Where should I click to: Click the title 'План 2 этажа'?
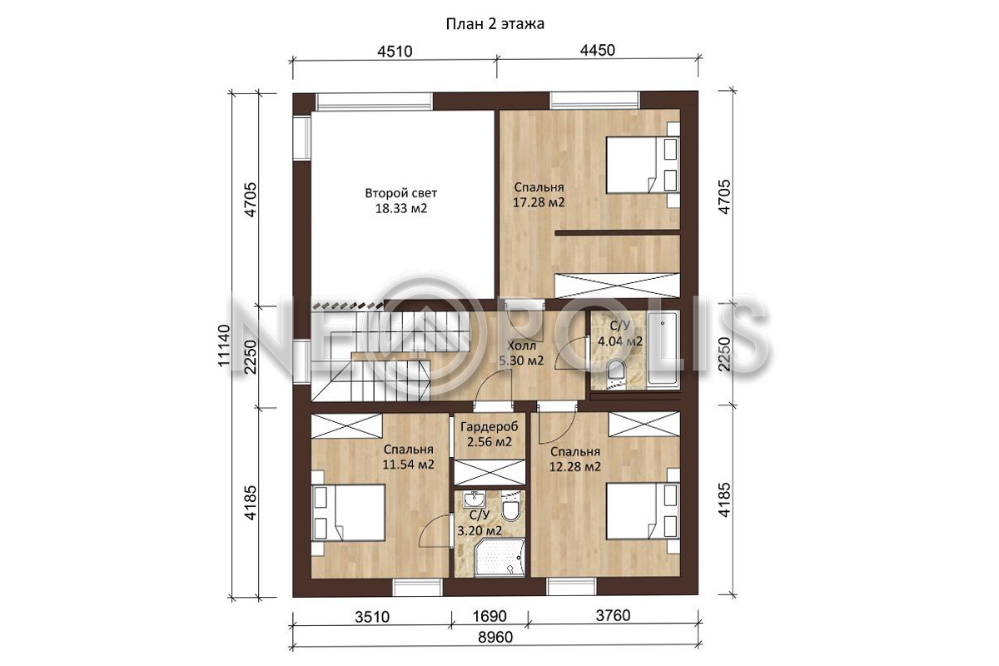(x=495, y=23)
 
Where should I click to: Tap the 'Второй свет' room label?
(x=401, y=193)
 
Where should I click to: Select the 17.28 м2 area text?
(x=539, y=202)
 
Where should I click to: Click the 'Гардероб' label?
(x=490, y=427)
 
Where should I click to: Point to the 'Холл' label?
(x=521, y=345)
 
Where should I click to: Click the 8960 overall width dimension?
(x=495, y=637)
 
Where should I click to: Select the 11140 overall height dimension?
(x=224, y=345)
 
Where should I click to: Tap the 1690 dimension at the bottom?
(x=490, y=616)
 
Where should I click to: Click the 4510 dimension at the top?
(x=395, y=52)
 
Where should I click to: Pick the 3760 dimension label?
(x=614, y=615)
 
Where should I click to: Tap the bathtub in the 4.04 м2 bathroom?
(x=664, y=349)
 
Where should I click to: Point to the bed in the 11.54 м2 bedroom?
(x=348, y=513)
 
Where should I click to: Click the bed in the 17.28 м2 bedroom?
(x=643, y=165)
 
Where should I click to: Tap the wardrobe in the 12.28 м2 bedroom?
(x=644, y=425)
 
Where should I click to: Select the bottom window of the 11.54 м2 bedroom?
(x=417, y=587)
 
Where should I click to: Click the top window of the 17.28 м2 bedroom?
(x=595, y=101)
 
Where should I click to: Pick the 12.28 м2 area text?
(x=575, y=467)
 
